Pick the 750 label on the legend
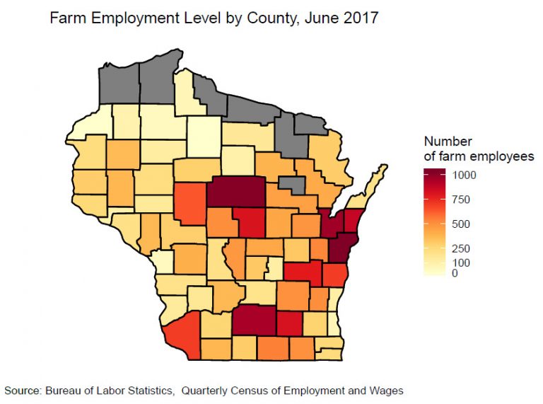coord(462,199)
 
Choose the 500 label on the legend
coord(462,224)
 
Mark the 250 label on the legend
coord(462,248)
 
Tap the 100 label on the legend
coord(462,263)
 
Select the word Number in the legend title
coord(448,142)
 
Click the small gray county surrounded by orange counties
coord(291,185)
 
